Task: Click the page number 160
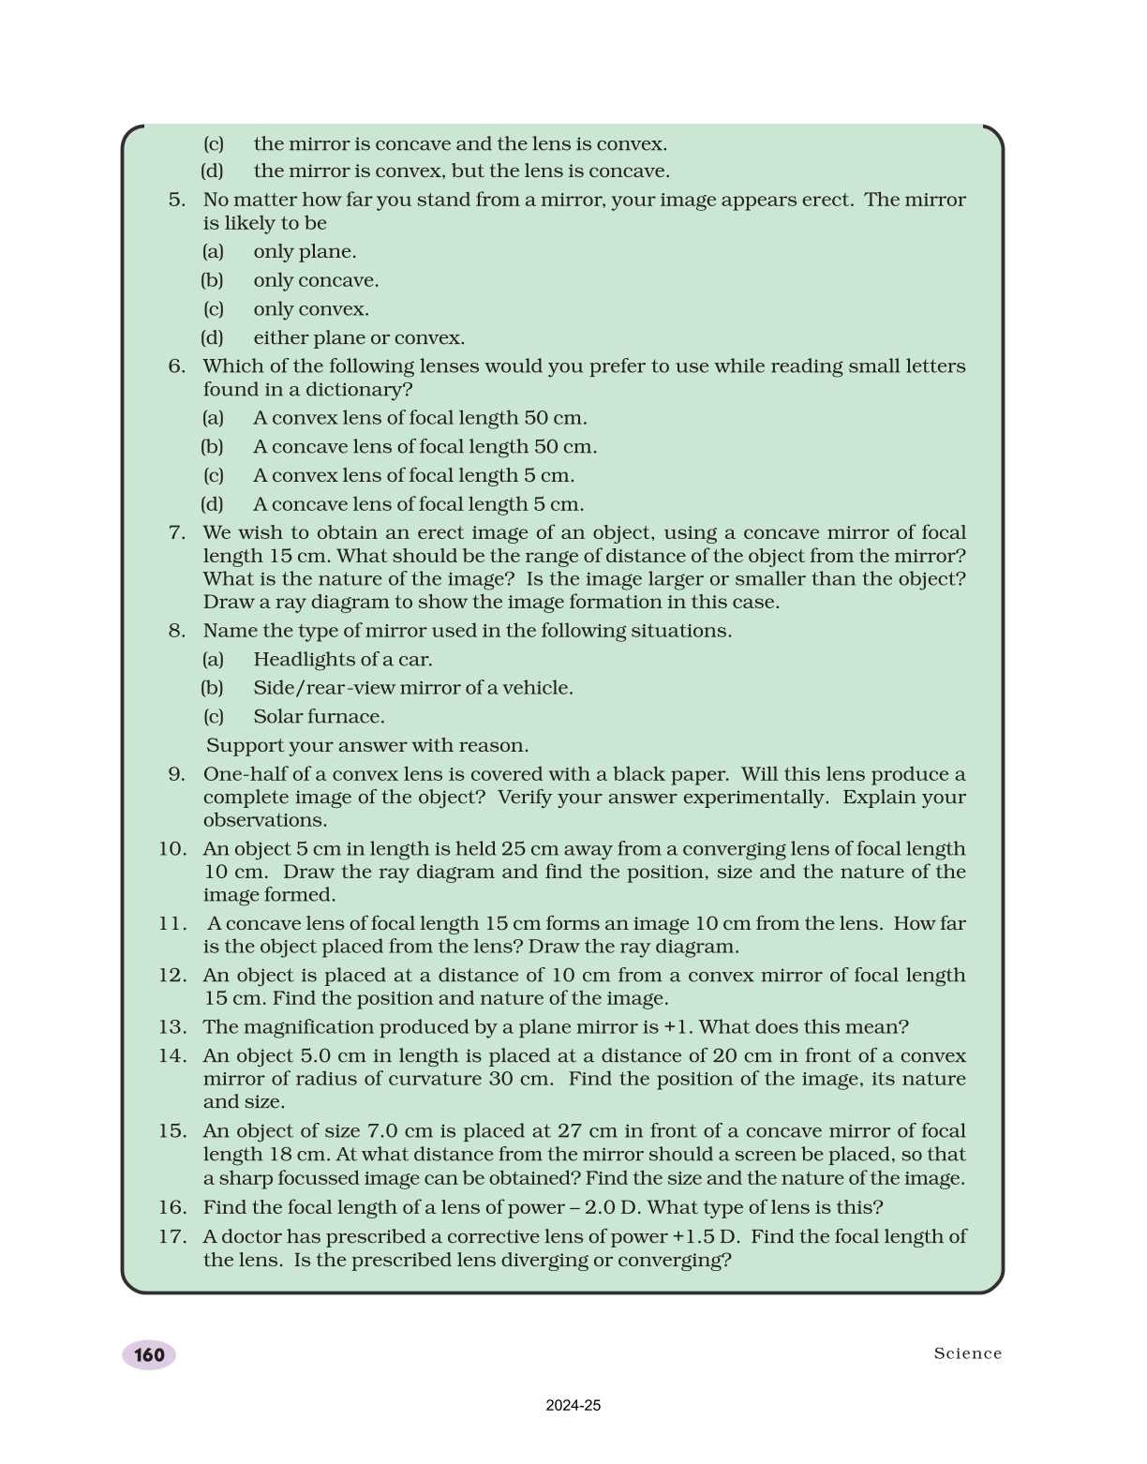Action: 149,1355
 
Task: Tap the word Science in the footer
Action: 967,1353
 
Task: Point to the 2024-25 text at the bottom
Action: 573,1406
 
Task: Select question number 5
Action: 177,200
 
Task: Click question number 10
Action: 172,849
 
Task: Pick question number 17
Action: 172,1236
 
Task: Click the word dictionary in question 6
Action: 360,390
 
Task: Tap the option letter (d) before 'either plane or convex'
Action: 213,338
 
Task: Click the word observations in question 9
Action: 264,821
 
